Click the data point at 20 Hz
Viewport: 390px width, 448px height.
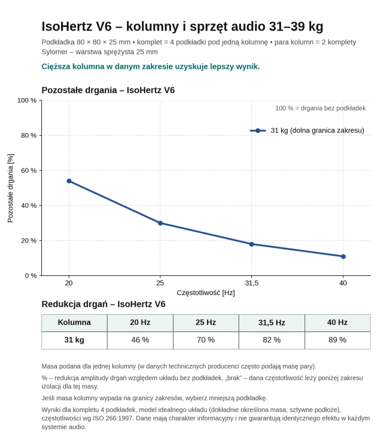69,181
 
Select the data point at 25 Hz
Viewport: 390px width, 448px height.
160,223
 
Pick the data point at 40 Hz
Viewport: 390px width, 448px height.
343,257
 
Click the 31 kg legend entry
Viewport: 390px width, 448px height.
307,131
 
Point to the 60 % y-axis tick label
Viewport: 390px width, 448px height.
29,171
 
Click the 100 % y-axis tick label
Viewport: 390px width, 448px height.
27,100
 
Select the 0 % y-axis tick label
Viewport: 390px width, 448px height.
31,276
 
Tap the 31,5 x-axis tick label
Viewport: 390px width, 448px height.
251,283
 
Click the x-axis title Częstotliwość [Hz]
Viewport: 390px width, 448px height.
206,293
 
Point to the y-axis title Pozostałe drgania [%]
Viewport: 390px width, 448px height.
10,188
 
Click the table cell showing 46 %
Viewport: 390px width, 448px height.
140,340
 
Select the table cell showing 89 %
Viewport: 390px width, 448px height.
337,340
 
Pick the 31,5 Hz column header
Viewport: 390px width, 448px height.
272,323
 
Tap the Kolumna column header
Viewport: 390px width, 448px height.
74,323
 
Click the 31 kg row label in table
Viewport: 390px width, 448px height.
74,340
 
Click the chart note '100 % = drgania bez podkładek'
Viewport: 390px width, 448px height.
321,108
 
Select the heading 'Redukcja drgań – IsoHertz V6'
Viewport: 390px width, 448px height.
103,304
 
